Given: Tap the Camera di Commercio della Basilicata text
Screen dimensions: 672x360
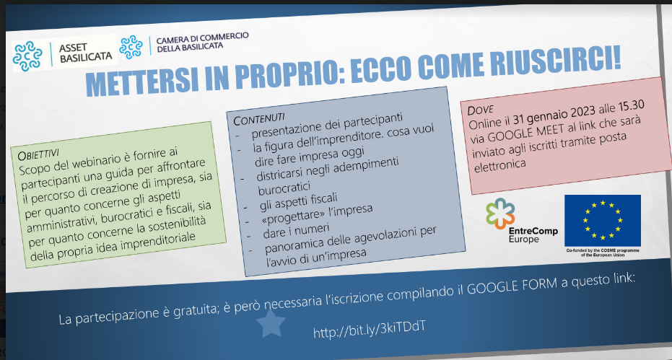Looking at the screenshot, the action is pos(202,42).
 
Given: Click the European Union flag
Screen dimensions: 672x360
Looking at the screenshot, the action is pos(602,220).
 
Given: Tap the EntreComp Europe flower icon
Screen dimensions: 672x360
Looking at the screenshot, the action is pos(500,213).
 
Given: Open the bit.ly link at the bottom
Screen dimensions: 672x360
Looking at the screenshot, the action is pos(370,329).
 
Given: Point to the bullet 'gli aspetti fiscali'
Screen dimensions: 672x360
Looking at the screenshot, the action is pos(298,201).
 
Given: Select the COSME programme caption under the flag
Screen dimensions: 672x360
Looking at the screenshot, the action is pos(603,252).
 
